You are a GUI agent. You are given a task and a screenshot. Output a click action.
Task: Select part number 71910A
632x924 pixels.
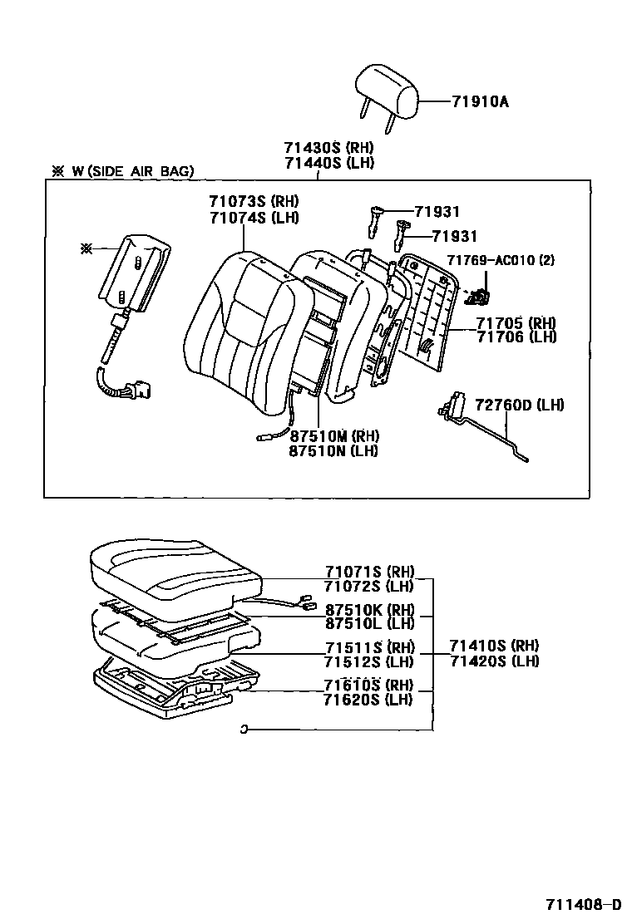point(480,102)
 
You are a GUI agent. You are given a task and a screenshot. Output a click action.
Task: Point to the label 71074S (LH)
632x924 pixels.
point(254,217)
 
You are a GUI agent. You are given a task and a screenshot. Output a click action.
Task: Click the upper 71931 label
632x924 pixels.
point(437,213)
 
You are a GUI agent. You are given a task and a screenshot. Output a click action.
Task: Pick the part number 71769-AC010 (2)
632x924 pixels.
point(501,260)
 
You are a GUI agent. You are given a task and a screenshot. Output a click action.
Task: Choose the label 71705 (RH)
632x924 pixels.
point(516,322)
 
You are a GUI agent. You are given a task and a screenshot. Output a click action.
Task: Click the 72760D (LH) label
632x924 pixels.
point(519,405)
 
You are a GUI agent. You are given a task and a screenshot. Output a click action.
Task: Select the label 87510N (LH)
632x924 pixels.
point(333,450)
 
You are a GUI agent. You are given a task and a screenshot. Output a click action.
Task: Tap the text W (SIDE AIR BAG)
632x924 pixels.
point(133,171)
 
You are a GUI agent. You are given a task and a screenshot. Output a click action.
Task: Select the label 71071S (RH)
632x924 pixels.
point(369,572)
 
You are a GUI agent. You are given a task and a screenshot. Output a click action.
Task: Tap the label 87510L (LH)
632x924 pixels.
point(369,623)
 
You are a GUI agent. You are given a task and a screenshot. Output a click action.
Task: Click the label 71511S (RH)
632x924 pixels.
point(369,647)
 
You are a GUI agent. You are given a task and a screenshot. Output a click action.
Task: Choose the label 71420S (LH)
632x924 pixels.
point(494,661)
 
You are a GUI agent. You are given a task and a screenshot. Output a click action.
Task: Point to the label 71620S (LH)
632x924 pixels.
point(368,699)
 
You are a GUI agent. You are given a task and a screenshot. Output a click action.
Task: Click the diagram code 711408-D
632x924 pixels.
point(583,904)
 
